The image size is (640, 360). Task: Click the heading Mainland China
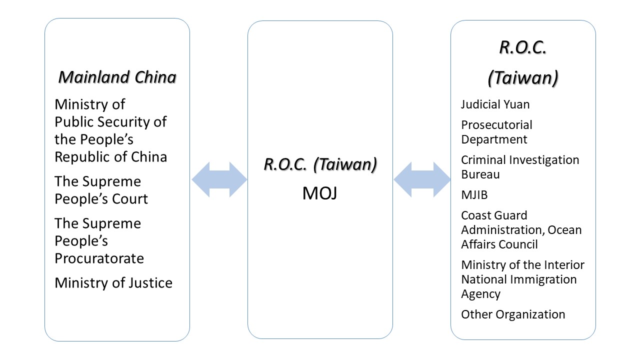[117, 77]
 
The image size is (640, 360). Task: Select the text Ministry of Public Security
[110, 121]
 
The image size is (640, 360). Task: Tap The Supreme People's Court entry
[101, 190]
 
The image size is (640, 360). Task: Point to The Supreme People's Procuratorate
[99, 240]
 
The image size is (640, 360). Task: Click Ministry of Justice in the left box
[113, 282]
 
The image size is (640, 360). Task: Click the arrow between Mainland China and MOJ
[219, 179]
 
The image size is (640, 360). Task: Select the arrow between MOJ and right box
[422, 179]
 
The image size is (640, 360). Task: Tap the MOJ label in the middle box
[319, 193]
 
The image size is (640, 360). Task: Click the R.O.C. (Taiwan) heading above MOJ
[320, 164]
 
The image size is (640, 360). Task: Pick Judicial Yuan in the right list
[495, 104]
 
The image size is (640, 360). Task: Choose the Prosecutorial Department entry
[496, 132]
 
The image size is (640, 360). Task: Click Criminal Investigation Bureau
[520, 167]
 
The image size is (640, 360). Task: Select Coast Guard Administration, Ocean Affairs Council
[521, 229]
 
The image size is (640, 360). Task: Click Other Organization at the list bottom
[513, 314]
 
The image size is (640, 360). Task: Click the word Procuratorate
[99, 258]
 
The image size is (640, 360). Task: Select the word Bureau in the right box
[480, 174]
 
